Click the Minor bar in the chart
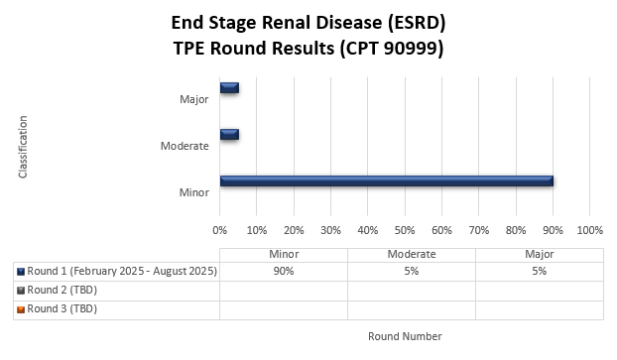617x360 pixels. tap(387, 180)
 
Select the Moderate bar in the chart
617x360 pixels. tap(229, 134)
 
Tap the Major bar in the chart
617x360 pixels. tap(229, 87)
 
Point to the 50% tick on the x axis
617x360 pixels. tap(405, 230)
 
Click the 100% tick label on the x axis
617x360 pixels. tap(589, 230)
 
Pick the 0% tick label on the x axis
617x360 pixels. tap(220, 230)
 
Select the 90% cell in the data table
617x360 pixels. tap(284, 271)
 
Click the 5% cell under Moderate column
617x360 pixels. tap(412, 271)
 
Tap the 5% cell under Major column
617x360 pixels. tap(539, 271)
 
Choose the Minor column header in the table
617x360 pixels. tap(284, 254)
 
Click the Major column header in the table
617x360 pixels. tap(539, 254)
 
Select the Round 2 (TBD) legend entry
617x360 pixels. tap(62, 290)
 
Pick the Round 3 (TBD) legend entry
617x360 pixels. tap(62, 308)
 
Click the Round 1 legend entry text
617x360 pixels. tap(121, 271)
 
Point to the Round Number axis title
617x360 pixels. tap(405, 336)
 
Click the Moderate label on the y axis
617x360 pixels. tap(185, 146)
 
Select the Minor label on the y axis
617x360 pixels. tap(193, 192)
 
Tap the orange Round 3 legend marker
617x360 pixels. tap(21, 309)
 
